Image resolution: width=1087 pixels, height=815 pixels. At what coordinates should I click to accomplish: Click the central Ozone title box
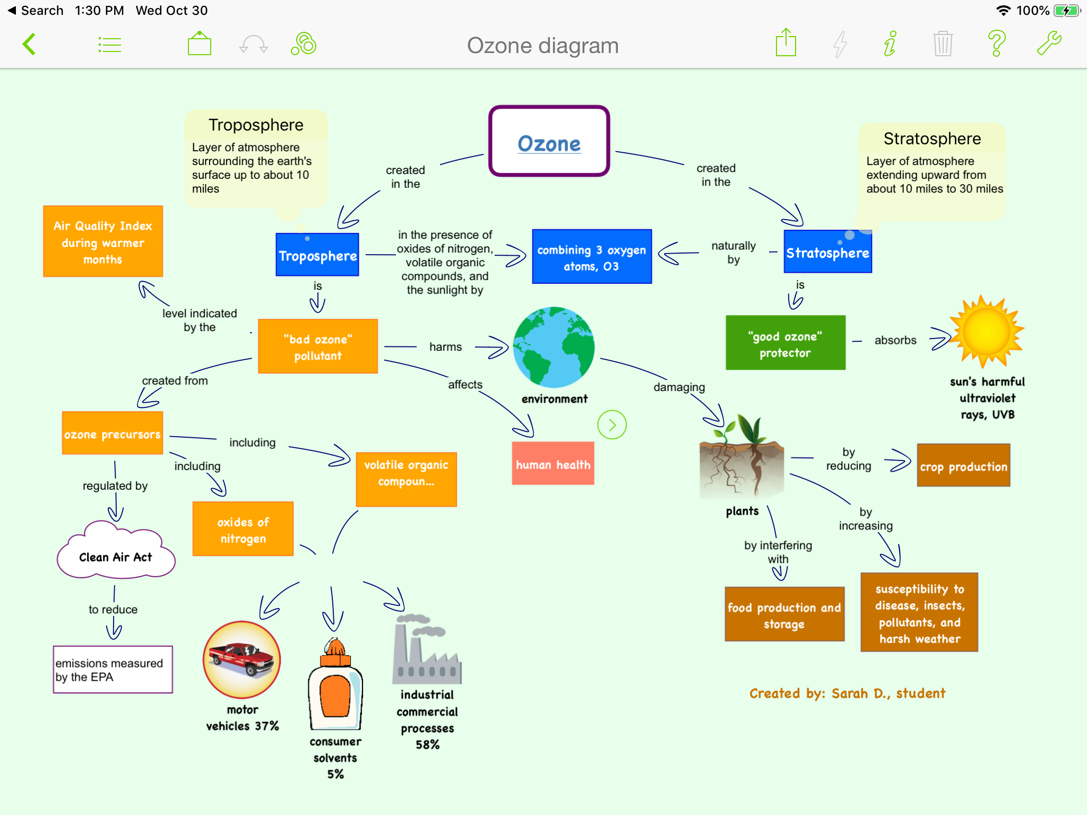coord(549,141)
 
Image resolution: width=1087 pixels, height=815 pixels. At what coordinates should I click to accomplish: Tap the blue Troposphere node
coord(317,255)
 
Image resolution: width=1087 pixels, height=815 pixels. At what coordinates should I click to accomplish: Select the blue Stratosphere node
coord(827,253)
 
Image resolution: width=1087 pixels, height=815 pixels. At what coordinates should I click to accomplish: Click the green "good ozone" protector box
coord(785,343)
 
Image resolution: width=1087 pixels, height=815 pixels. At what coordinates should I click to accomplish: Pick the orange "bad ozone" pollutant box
coord(317,346)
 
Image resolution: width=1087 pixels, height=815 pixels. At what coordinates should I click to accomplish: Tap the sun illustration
coord(987,332)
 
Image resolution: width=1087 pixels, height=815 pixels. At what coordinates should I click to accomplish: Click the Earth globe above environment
coord(554,347)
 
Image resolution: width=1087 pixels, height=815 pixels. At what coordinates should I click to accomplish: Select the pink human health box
coord(553,464)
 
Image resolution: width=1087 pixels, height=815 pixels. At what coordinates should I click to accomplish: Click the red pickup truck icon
coord(242,660)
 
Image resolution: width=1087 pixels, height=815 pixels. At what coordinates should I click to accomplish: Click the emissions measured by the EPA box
coord(113,670)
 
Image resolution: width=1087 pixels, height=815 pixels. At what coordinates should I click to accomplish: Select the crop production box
coord(963,465)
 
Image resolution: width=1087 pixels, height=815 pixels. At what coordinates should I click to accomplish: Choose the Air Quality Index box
coord(103,242)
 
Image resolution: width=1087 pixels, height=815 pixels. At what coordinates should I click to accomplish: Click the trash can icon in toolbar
coord(943,44)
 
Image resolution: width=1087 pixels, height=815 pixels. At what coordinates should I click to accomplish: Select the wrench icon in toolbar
coord(1049,44)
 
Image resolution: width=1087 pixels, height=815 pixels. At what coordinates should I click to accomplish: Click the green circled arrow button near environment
coord(612,425)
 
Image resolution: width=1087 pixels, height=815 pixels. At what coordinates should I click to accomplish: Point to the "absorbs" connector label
coord(895,340)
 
